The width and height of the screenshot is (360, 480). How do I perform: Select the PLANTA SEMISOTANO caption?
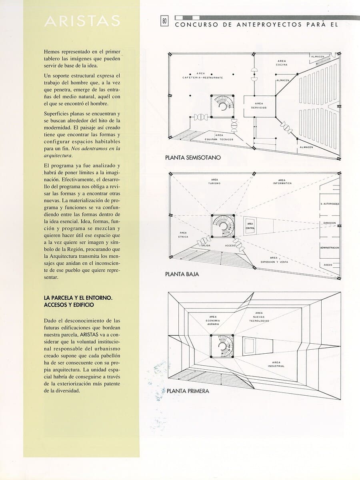[x=192, y=158]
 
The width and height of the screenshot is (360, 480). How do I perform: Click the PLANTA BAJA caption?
[x=182, y=275]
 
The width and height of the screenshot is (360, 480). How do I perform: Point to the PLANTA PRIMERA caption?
[x=188, y=391]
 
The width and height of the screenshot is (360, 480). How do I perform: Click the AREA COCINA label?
[x=282, y=63]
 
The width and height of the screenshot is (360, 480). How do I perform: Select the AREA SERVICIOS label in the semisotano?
[x=259, y=106]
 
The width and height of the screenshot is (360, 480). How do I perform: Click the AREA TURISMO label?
[x=214, y=181]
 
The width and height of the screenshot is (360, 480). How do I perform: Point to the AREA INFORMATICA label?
[x=282, y=181]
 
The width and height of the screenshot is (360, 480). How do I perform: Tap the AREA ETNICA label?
[x=183, y=235]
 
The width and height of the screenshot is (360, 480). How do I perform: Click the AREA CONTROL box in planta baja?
[x=250, y=226]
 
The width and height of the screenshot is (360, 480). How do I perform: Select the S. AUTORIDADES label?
[x=330, y=204]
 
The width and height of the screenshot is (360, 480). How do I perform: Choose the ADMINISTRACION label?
[x=330, y=248]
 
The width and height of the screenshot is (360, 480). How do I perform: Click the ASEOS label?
[x=327, y=265]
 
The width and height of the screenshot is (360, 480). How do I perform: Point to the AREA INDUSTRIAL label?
[x=276, y=364]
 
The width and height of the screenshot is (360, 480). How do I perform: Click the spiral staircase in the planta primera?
[x=222, y=346]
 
